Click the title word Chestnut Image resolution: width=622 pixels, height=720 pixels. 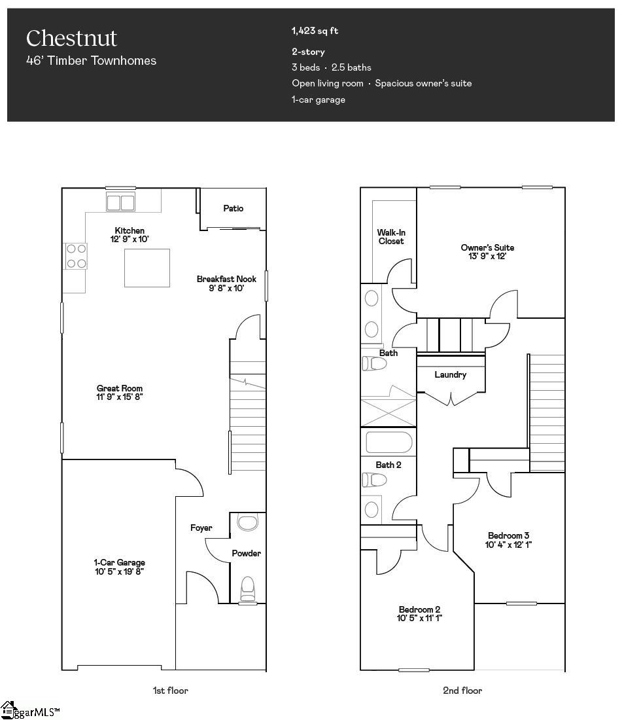click(x=71, y=38)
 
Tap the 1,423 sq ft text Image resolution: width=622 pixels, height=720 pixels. click(x=315, y=31)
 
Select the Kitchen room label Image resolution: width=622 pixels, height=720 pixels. click(x=130, y=230)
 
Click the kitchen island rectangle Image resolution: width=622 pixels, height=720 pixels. click(x=147, y=268)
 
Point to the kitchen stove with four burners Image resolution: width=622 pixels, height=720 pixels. click(x=75, y=255)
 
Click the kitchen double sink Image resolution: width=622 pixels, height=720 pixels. click(x=120, y=202)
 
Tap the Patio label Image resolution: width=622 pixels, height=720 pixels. click(x=233, y=208)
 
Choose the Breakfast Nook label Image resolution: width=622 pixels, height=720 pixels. click(x=226, y=279)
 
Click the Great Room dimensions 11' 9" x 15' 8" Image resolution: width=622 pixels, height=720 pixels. click(x=120, y=397)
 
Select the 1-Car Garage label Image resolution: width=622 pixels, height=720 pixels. click(x=119, y=562)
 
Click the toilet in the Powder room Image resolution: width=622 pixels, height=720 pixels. click(x=247, y=588)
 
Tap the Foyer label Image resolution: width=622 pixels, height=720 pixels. click(x=201, y=528)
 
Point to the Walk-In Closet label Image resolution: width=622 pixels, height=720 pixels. click(x=390, y=236)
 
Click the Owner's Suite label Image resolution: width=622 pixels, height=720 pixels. click(x=487, y=247)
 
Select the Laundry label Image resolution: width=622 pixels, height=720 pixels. click(x=451, y=374)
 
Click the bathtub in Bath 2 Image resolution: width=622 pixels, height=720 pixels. click(x=389, y=443)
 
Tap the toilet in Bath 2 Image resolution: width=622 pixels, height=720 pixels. click(x=374, y=480)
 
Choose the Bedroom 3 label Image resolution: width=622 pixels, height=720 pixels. click(x=508, y=535)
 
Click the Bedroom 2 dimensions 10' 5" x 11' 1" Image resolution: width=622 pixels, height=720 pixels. click(x=419, y=618)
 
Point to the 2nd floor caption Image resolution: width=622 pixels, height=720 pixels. click(x=462, y=690)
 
